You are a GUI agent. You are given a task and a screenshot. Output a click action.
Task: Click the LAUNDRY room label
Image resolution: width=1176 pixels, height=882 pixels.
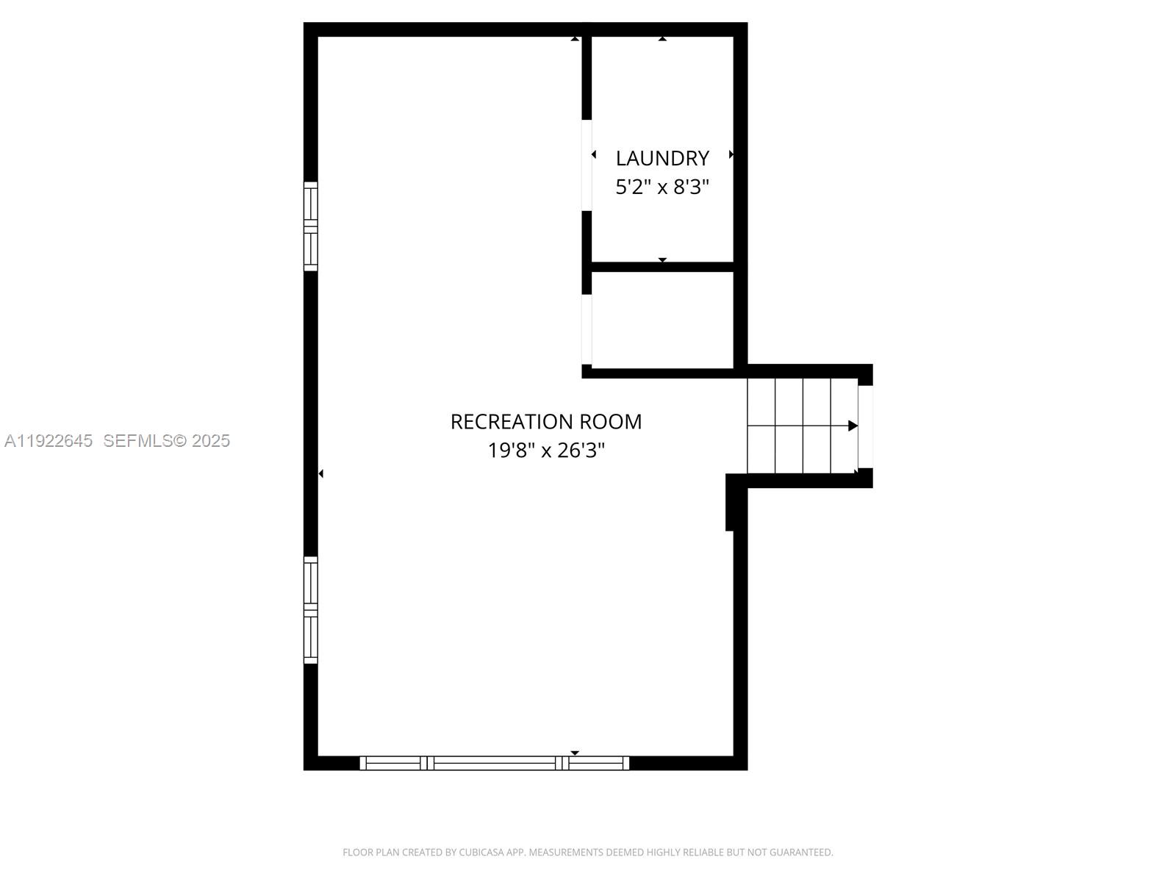[662, 158]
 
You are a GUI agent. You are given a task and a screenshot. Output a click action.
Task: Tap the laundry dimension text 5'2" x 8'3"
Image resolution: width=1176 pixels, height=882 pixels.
[662, 187]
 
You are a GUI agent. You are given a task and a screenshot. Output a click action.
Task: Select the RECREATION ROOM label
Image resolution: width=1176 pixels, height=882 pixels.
[546, 421]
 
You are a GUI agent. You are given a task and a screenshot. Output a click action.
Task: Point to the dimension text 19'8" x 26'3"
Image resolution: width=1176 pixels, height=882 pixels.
[546, 450]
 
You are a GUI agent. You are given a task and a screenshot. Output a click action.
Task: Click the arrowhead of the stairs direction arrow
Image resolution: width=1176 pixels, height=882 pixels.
[853, 426]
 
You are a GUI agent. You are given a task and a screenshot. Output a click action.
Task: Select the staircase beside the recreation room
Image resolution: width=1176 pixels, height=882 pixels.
[802, 426]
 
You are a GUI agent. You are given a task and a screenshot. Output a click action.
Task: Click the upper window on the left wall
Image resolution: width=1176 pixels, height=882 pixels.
[311, 226]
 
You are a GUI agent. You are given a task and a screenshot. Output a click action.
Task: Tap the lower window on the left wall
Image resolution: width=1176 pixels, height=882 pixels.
[311, 610]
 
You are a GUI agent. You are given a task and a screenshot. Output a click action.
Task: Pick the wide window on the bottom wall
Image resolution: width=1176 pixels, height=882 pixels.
[494, 763]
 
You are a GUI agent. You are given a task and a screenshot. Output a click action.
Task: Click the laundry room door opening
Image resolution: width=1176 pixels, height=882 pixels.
[587, 165]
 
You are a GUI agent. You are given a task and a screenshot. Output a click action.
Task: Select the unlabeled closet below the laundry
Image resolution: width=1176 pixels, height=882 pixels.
[662, 320]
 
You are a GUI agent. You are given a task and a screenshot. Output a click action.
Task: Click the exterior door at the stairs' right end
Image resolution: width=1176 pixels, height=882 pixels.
[866, 426]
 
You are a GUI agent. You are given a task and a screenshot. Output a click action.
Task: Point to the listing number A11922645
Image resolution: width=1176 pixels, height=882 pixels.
[49, 440]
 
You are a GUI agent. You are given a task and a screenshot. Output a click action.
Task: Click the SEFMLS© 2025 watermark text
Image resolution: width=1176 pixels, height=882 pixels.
[167, 440]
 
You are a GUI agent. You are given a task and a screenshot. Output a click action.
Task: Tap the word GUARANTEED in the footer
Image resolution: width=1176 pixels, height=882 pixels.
[801, 853]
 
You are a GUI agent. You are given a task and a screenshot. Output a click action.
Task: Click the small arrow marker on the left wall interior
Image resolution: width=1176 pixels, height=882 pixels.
[321, 474]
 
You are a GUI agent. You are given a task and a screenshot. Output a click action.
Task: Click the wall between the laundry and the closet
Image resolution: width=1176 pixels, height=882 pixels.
[662, 267]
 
